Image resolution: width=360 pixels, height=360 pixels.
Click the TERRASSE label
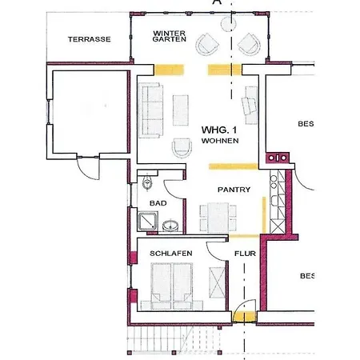[x=89, y=39]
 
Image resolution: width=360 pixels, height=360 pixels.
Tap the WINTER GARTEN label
[x=170, y=36]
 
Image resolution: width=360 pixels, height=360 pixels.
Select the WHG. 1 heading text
[x=219, y=130]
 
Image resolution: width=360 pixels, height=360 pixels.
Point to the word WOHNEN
[x=220, y=141]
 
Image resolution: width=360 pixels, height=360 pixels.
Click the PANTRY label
[x=234, y=190]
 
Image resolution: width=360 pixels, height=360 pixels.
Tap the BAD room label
[x=158, y=203]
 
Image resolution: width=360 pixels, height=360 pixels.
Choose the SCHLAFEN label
[x=171, y=254]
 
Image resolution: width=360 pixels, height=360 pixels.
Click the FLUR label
[x=245, y=254]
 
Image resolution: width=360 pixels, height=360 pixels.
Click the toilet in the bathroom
[x=147, y=182]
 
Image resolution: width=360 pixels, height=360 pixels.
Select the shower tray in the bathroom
[x=148, y=222]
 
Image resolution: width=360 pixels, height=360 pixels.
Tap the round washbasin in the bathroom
[x=170, y=226]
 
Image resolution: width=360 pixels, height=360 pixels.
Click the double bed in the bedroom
[x=172, y=286]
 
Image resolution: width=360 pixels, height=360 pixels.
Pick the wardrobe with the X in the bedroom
[x=217, y=282]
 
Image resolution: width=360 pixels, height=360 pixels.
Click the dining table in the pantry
[x=218, y=218]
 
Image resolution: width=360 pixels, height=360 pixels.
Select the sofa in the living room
[x=150, y=110]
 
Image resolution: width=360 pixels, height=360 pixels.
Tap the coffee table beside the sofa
[x=181, y=110]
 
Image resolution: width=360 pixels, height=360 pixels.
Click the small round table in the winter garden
[x=229, y=24]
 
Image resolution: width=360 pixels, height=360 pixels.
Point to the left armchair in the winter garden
[x=207, y=44]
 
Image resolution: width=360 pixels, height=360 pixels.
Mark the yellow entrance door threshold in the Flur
[x=244, y=317]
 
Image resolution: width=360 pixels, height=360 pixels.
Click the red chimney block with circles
[x=278, y=158]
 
